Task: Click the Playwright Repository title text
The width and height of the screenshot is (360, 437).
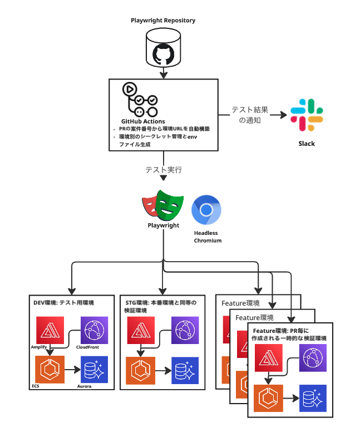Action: [x=163, y=21]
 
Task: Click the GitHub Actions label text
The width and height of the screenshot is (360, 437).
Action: [x=142, y=121]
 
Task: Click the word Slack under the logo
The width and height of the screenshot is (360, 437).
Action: [x=306, y=144]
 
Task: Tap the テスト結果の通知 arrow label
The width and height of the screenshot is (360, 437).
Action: [x=250, y=115]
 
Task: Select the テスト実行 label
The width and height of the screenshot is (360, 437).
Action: [x=163, y=169]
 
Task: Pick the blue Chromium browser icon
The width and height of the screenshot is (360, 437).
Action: [x=206, y=210]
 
